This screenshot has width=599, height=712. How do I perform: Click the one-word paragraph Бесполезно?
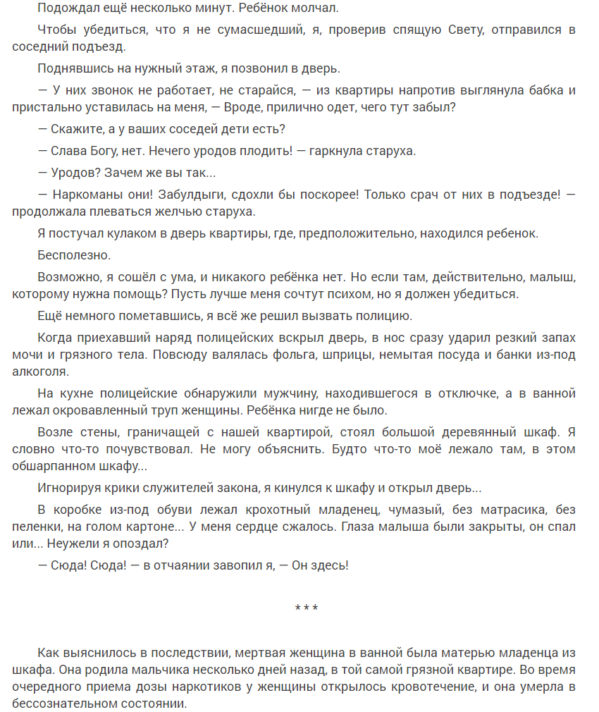[74, 254]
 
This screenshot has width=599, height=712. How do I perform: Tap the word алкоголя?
[40, 372]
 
